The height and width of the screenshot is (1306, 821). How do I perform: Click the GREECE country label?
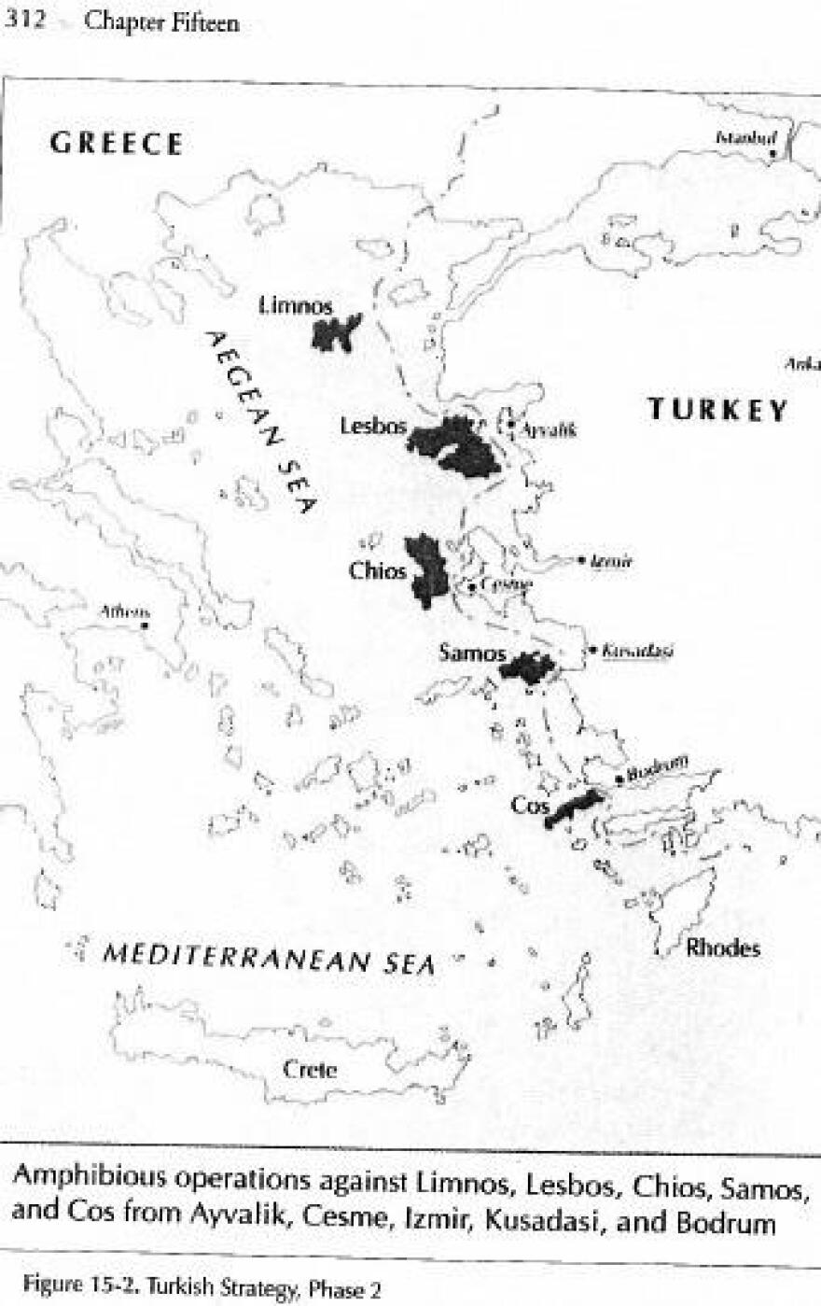click(117, 144)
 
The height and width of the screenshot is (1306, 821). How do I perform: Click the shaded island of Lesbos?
click(454, 446)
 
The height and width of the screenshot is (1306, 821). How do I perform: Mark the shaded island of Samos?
click(527, 667)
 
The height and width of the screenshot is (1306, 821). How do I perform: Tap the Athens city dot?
click(146, 625)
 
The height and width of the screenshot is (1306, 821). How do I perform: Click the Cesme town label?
click(506, 585)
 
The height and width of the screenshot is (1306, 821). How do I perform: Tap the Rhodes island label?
click(722, 948)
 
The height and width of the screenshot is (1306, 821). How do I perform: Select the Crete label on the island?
click(310, 1070)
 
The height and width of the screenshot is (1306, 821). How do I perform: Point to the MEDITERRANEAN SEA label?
click(269, 959)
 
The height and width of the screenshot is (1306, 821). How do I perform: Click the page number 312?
click(23, 21)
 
